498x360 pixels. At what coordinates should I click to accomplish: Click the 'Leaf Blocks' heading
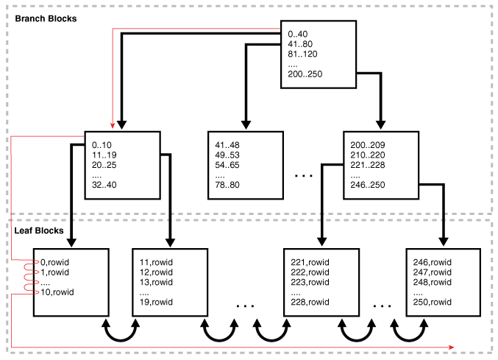[x=41, y=231]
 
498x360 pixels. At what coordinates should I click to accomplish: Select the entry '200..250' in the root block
[x=306, y=74]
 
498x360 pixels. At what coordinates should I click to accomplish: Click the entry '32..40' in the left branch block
[x=103, y=186]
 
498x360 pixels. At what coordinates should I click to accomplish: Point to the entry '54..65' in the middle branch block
[x=228, y=166]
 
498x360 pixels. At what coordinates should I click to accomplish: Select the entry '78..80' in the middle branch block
[x=228, y=186]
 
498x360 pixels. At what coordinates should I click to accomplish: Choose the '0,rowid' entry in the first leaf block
[x=54, y=262]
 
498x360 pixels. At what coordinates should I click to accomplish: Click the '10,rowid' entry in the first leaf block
[x=57, y=292]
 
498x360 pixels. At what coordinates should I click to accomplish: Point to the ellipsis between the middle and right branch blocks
[x=303, y=175]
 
